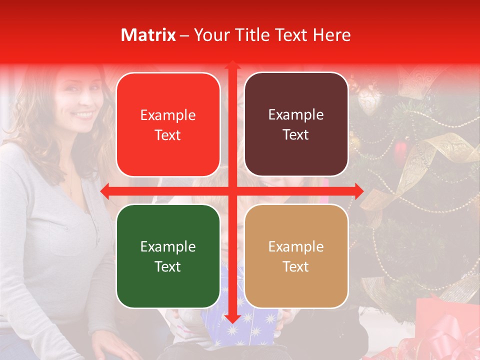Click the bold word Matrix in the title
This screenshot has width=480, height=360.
tap(148, 35)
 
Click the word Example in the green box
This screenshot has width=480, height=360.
tap(168, 246)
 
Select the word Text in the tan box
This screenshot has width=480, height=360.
tap(296, 266)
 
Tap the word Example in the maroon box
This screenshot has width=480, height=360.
tap(296, 115)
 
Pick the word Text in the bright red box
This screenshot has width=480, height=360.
tap(168, 135)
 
